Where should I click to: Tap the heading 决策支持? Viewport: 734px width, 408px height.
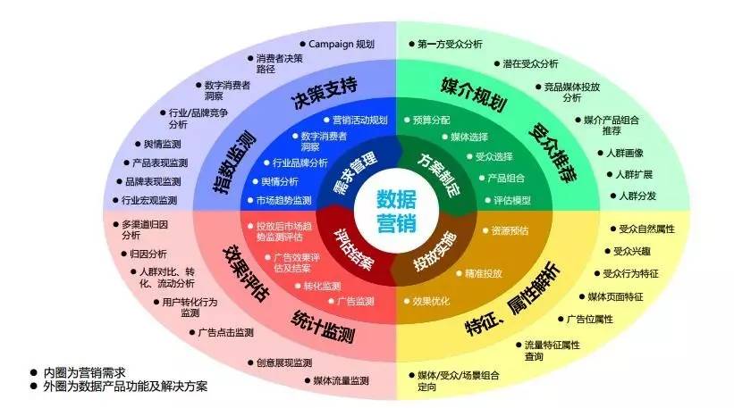click(324, 87)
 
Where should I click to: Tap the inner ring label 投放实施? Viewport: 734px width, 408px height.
click(436, 252)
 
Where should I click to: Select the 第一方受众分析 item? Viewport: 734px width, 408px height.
click(451, 43)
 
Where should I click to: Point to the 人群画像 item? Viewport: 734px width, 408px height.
click(637, 153)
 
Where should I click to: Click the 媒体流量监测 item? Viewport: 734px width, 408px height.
click(341, 380)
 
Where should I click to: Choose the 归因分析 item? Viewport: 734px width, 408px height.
click(148, 253)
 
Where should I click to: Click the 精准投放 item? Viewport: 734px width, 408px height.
click(484, 272)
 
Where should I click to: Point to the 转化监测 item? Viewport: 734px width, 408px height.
click(321, 287)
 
